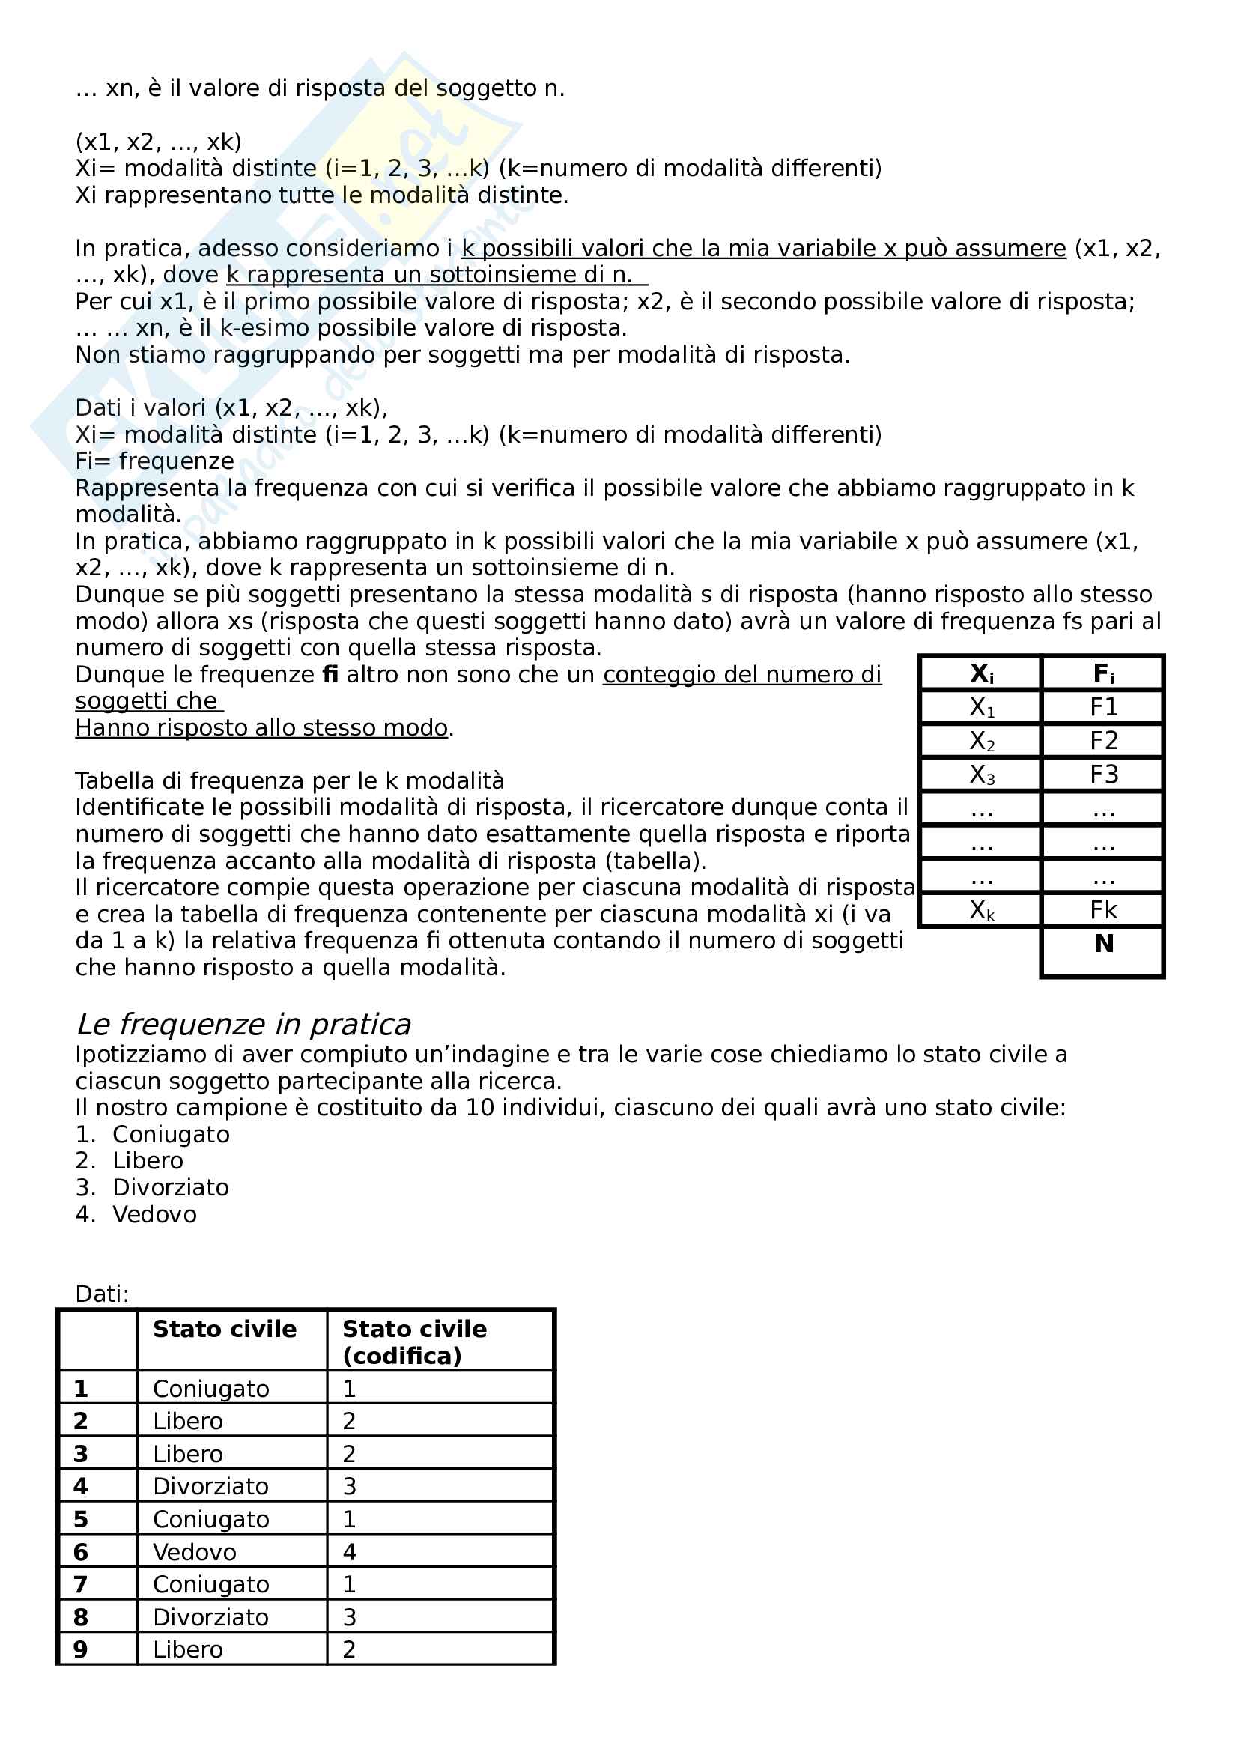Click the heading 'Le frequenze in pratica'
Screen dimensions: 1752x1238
[x=243, y=1025]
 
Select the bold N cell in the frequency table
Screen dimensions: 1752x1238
[x=1103, y=945]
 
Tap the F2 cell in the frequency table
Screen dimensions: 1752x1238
[x=1103, y=741]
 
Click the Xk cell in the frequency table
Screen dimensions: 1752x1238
[x=981, y=910]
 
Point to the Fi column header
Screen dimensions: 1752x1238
[x=1103, y=674]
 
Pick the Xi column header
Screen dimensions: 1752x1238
[x=981, y=674]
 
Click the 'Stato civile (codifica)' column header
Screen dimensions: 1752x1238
[x=414, y=1342]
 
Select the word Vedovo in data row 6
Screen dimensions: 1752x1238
[x=195, y=1552]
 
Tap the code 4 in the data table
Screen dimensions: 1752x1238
[x=349, y=1552]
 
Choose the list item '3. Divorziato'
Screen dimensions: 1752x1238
[x=153, y=1187]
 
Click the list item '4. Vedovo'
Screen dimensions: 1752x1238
[x=136, y=1214]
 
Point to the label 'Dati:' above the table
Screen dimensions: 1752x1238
[x=102, y=1294]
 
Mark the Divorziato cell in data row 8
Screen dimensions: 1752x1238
[x=210, y=1617]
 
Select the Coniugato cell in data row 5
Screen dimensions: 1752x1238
[x=210, y=1519]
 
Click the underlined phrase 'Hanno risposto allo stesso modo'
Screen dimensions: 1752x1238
[x=261, y=728]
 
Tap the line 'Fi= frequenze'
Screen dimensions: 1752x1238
[x=155, y=461]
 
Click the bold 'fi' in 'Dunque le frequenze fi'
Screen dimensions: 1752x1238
[x=330, y=675]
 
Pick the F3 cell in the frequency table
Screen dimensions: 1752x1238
[x=1103, y=775]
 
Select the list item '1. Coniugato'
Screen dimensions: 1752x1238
[x=153, y=1135]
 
